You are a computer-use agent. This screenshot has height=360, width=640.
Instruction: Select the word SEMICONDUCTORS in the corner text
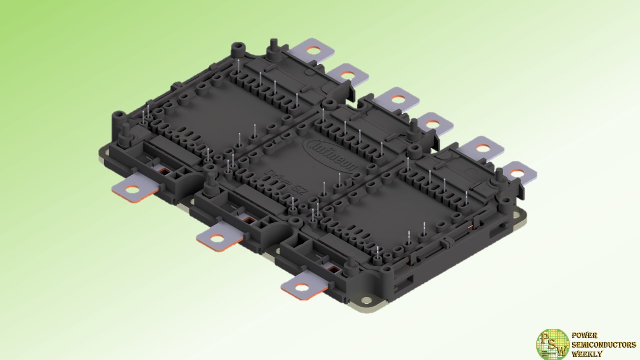[604, 345]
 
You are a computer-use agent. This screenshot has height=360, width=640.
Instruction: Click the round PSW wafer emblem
[552, 344]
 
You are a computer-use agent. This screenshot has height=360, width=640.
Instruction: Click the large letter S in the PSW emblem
[552, 344]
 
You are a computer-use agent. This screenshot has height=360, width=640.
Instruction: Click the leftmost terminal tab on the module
[132, 190]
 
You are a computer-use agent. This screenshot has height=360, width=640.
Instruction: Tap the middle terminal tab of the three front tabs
[218, 238]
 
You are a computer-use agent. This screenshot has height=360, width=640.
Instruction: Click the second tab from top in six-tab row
[348, 75]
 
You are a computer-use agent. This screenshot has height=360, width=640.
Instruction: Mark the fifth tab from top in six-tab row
[482, 148]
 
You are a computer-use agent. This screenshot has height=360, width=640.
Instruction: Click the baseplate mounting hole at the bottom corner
[368, 301]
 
